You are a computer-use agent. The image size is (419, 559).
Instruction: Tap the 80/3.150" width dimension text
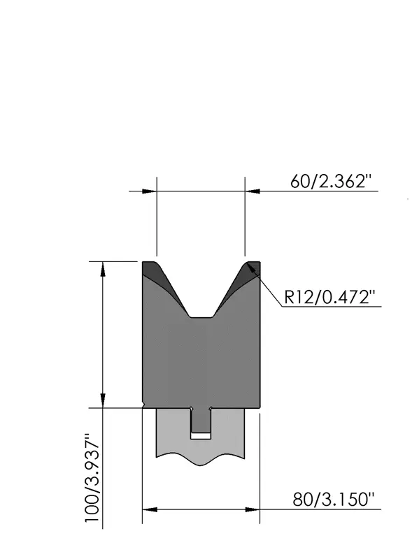334,499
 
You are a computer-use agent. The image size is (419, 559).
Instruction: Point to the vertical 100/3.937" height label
92,477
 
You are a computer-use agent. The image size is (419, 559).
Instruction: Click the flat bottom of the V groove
201,317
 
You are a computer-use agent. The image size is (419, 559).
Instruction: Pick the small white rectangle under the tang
201,435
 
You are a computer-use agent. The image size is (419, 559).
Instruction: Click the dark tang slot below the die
201,420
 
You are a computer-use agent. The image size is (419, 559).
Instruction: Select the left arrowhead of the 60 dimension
149,191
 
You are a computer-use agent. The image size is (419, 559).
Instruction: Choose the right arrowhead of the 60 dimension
253,191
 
